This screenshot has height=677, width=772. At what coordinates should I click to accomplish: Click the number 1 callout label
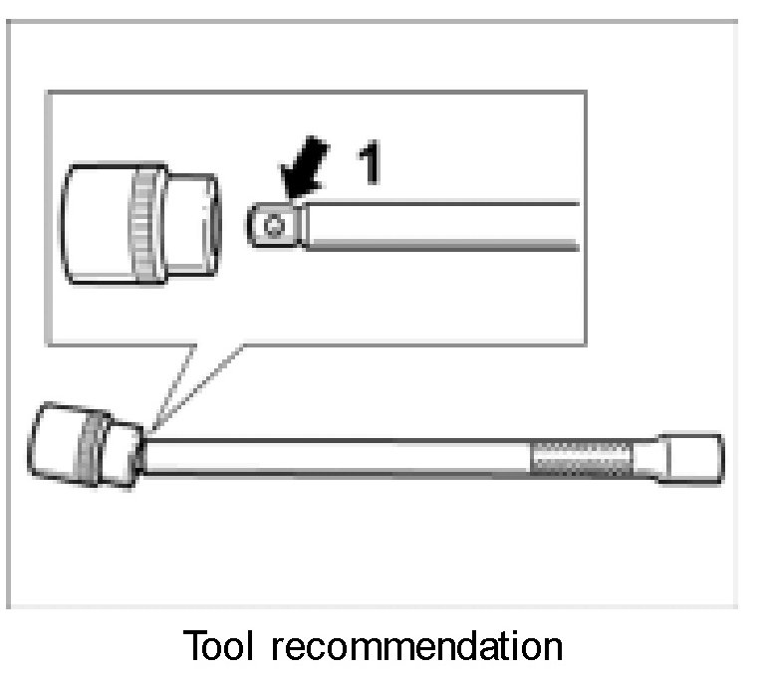click(x=370, y=163)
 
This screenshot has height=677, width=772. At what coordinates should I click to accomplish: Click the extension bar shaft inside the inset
click(x=438, y=225)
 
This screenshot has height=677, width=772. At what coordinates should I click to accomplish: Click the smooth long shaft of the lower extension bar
click(x=339, y=455)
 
